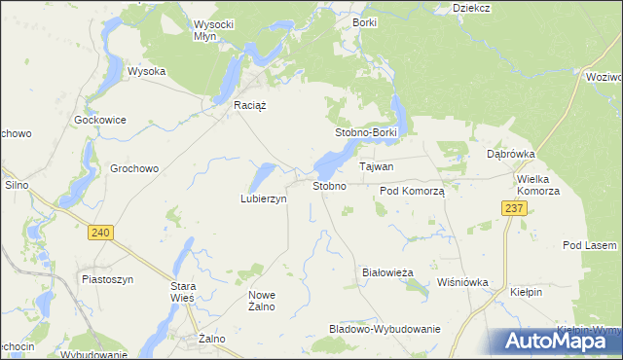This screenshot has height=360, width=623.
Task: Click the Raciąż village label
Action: pos(250,105)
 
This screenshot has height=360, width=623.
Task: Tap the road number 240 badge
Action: pos(98,232)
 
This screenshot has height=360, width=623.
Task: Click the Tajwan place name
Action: pos(377,166)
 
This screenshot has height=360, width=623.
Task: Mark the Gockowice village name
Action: pos(100,120)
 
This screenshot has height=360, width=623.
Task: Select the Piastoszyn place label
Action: pos(107,278)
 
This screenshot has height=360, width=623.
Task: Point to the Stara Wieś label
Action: pos(184,292)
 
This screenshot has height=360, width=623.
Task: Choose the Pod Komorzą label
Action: pos(412,192)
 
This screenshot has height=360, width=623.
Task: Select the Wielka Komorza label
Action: pos(539,185)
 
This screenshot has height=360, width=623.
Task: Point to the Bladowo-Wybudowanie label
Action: pos(385,329)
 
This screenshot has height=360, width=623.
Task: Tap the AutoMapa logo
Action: pos(556,341)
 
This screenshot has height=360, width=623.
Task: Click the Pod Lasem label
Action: pos(591,245)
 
